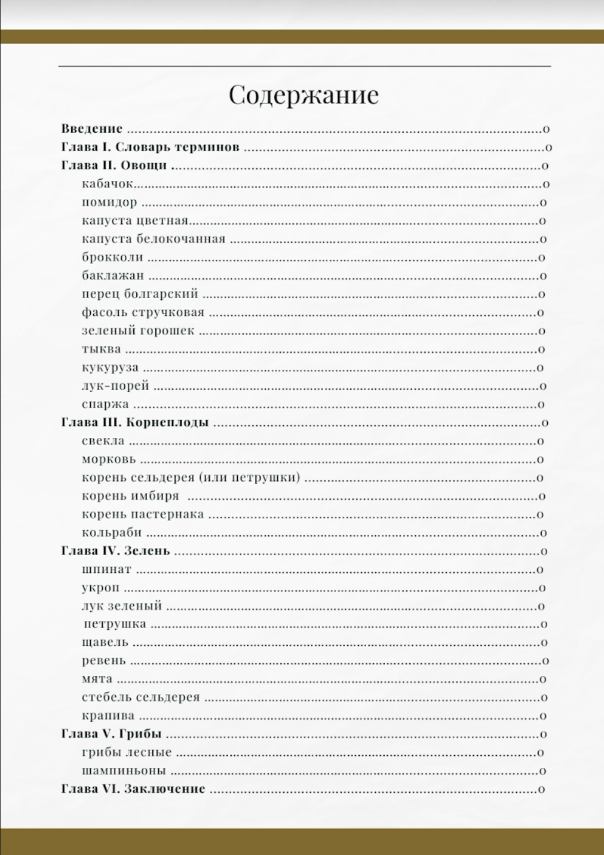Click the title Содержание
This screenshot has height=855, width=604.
[x=303, y=95]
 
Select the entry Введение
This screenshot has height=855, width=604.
[x=92, y=128]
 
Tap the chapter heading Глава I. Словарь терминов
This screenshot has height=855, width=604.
[x=151, y=147]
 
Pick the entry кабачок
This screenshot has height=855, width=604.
[x=108, y=184]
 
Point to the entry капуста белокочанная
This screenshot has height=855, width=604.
[x=154, y=239]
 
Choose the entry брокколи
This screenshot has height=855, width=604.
[x=112, y=258]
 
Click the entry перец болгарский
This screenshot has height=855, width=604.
[x=140, y=294]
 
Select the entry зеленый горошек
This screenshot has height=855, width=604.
[x=138, y=330]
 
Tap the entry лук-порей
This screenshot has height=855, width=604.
[x=115, y=385]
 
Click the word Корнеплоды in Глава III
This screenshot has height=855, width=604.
[x=167, y=422]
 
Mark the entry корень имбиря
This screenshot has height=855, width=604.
[x=130, y=496]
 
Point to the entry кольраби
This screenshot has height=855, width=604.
[x=112, y=532]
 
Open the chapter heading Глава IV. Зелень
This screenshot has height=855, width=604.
[x=115, y=551]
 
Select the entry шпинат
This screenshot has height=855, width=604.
[x=106, y=569]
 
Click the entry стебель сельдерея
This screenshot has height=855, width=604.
[x=140, y=697]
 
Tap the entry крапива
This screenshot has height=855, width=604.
[x=108, y=716]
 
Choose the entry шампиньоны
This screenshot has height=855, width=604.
[x=124, y=771]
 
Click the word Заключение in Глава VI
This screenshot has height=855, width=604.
[x=164, y=789]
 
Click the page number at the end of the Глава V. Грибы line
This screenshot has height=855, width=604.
[x=543, y=734]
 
